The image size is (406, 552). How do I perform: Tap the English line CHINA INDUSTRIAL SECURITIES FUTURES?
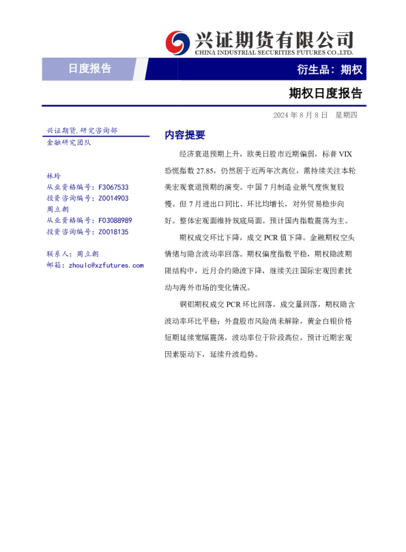pyautogui.click(x=273, y=52)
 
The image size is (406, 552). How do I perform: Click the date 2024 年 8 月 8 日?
pyautogui.click(x=300, y=115)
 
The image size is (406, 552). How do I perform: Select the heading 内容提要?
pyautogui.click(x=185, y=135)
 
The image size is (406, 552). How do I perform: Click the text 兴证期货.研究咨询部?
pyautogui.click(x=82, y=130)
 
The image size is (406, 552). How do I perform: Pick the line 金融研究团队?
pyautogui.click(x=68, y=142)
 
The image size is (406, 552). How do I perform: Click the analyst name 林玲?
pyautogui.click(x=53, y=176)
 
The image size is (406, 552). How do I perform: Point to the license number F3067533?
pyautogui.click(x=114, y=187)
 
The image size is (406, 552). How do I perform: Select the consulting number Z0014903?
pyautogui.click(x=113, y=198)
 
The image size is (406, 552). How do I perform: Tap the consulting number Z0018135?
pyautogui.click(x=113, y=232)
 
